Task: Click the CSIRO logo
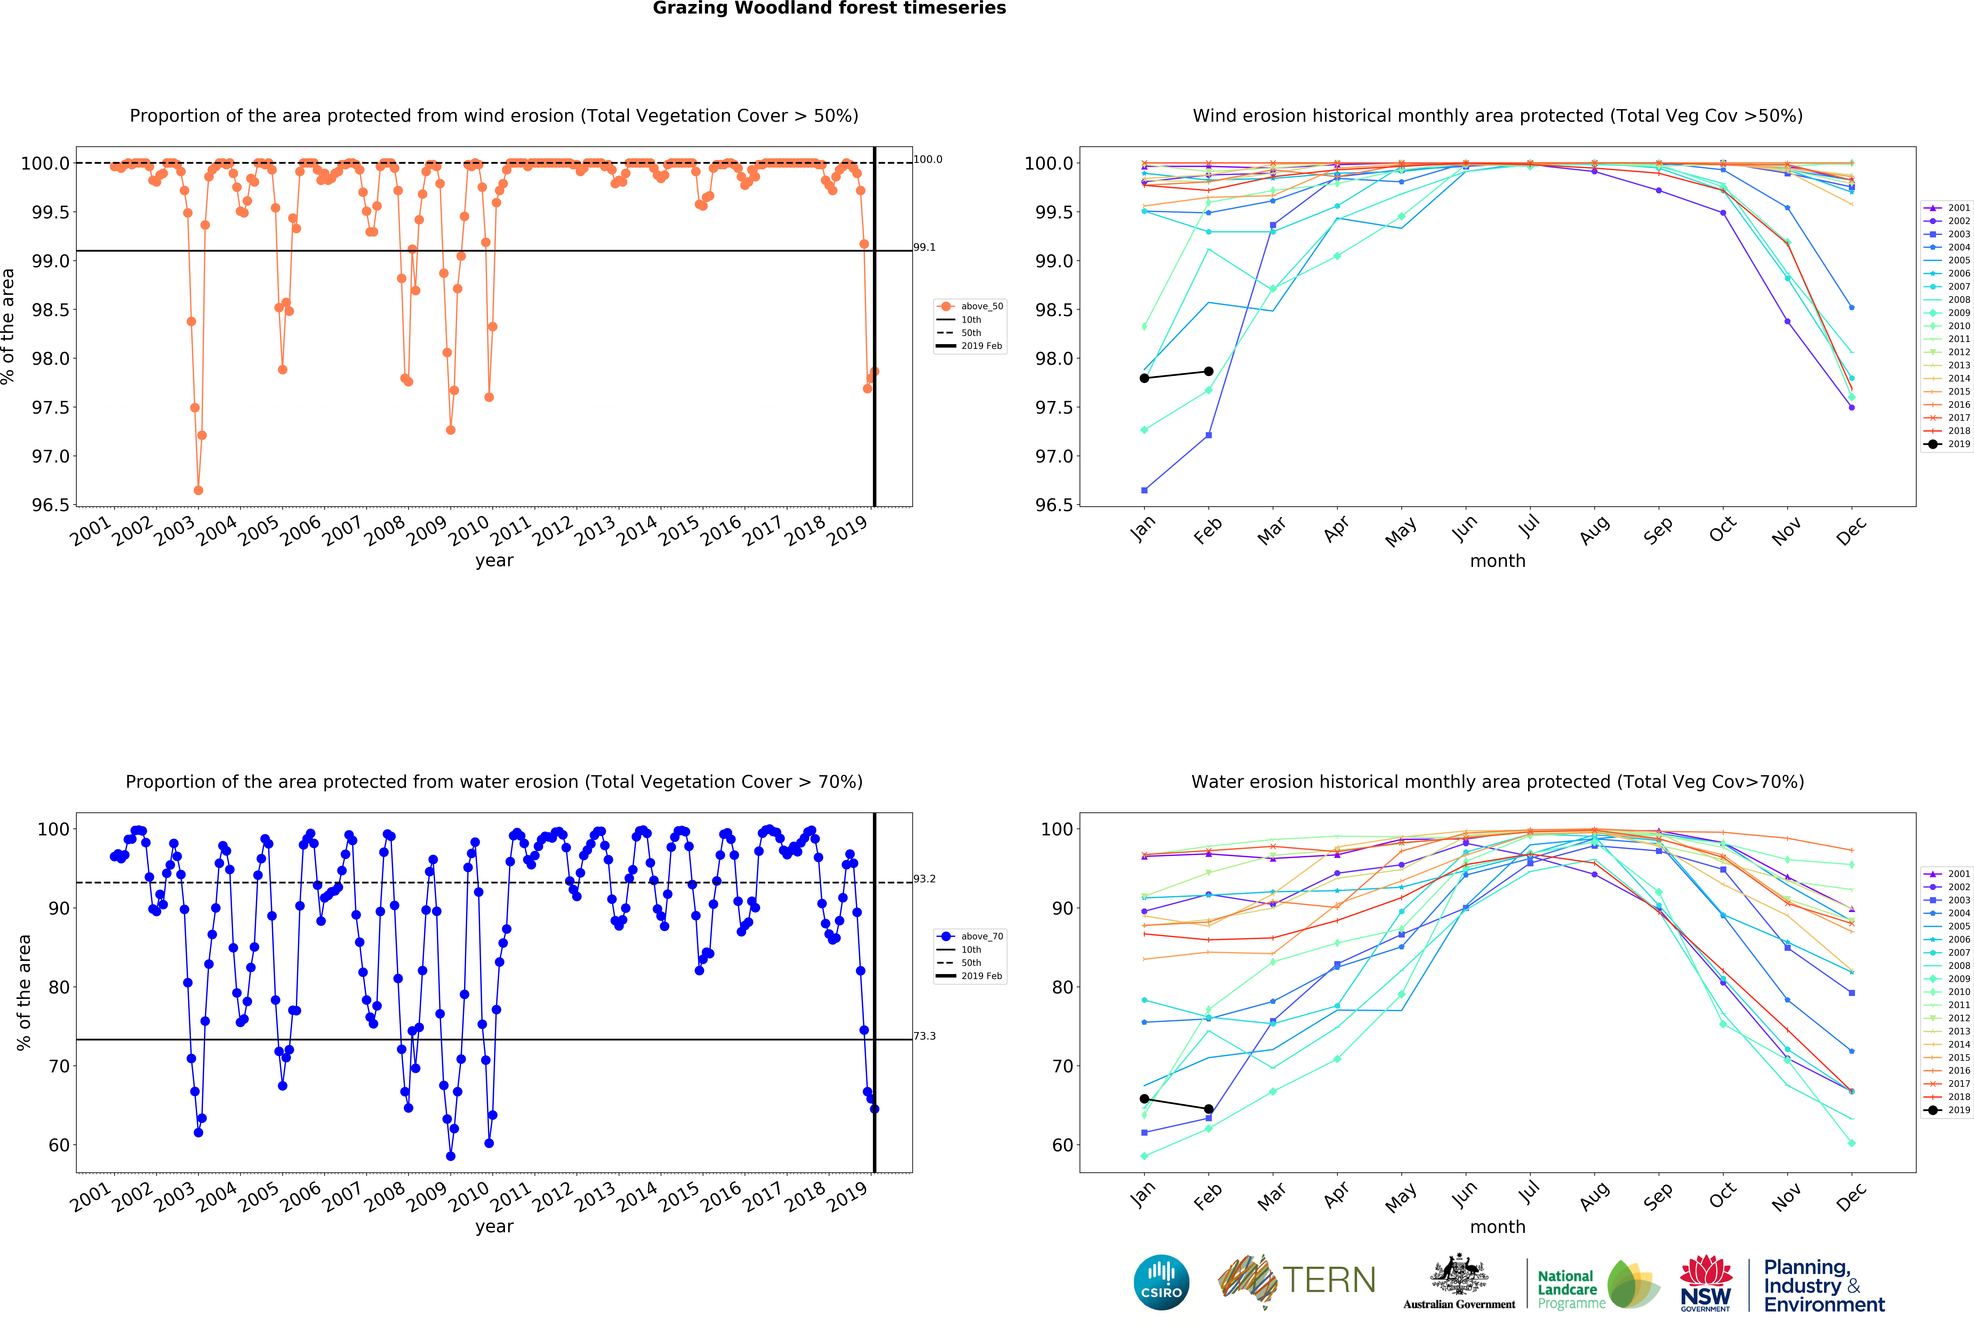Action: (x=1161, y=1282)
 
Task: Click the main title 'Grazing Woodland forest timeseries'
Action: (x=829, y=9)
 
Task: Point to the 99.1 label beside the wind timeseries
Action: (x=924, y=247)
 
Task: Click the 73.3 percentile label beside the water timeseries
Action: (x=924, y=1036)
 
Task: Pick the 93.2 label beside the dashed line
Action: (x=924, y=879)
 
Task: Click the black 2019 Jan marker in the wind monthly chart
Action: (x=1144, y=378)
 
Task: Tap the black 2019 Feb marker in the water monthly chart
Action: (x=1209, y=1109)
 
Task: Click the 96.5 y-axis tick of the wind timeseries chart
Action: (x=49, y=505)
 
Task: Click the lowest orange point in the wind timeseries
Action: (x=198, y=490)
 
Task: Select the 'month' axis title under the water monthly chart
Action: (x=1497, y=1227)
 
